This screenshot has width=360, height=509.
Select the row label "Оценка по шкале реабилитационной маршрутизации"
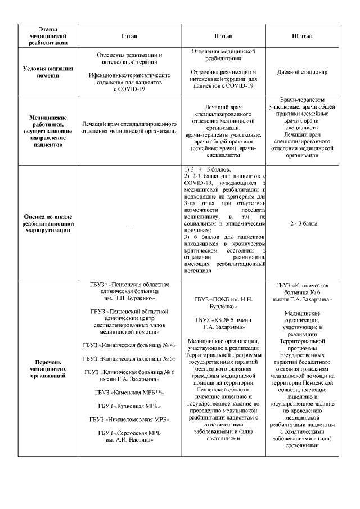pos(48,223)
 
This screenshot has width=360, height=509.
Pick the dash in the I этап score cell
pos(131,224)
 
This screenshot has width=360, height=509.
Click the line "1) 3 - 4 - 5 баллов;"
pos(208,169)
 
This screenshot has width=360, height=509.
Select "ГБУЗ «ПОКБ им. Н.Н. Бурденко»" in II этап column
pos(223,303)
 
